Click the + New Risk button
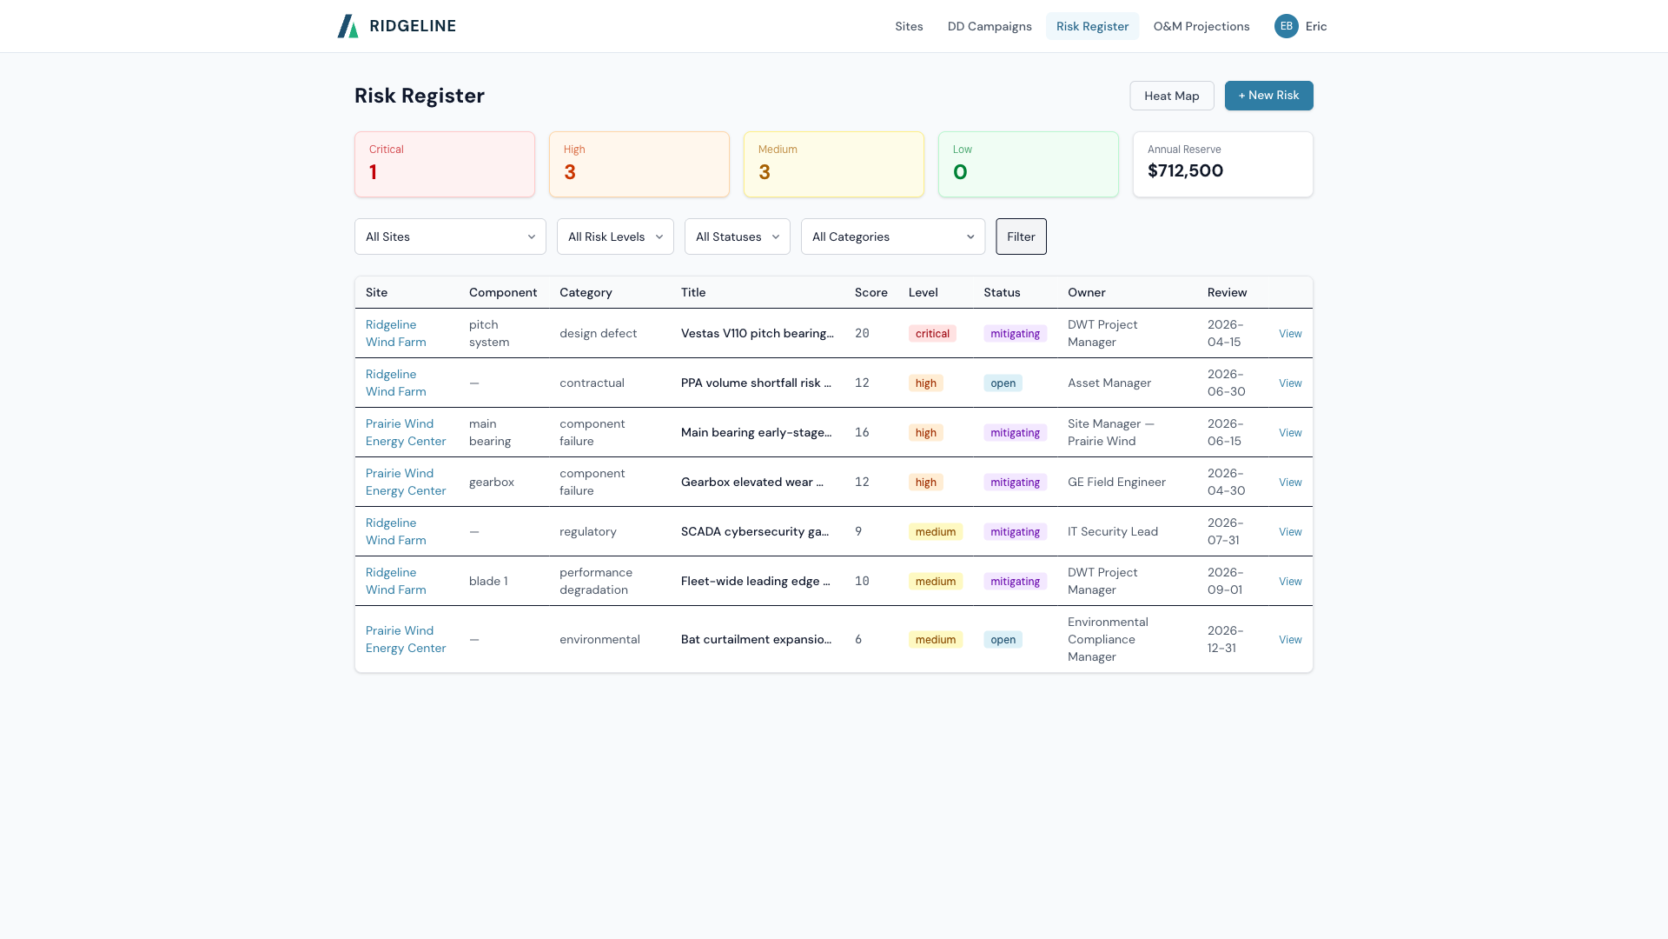tap(1268, 96)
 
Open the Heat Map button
tap(1171, 96)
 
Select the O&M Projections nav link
tap(1201, 26)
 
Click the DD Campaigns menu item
tap(990, 26)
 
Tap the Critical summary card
tap(444, 164)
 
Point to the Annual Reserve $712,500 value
tap(1185, 171)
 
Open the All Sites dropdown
tap(450, 236)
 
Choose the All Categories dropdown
tap(892, 236)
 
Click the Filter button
tap(1021, 236)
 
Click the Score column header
tap(870, 292)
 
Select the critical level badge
tap(932, 334)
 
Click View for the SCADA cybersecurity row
tap(1290, 532)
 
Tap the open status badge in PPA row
tap(1003, 383)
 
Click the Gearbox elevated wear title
tap(751, 483)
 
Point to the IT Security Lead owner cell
tap(1112, 532)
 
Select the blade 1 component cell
tap(488, 582)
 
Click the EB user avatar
tap(1286, 26)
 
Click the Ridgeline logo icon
tap(347, 26)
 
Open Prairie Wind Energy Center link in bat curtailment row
tap(405, 639)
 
